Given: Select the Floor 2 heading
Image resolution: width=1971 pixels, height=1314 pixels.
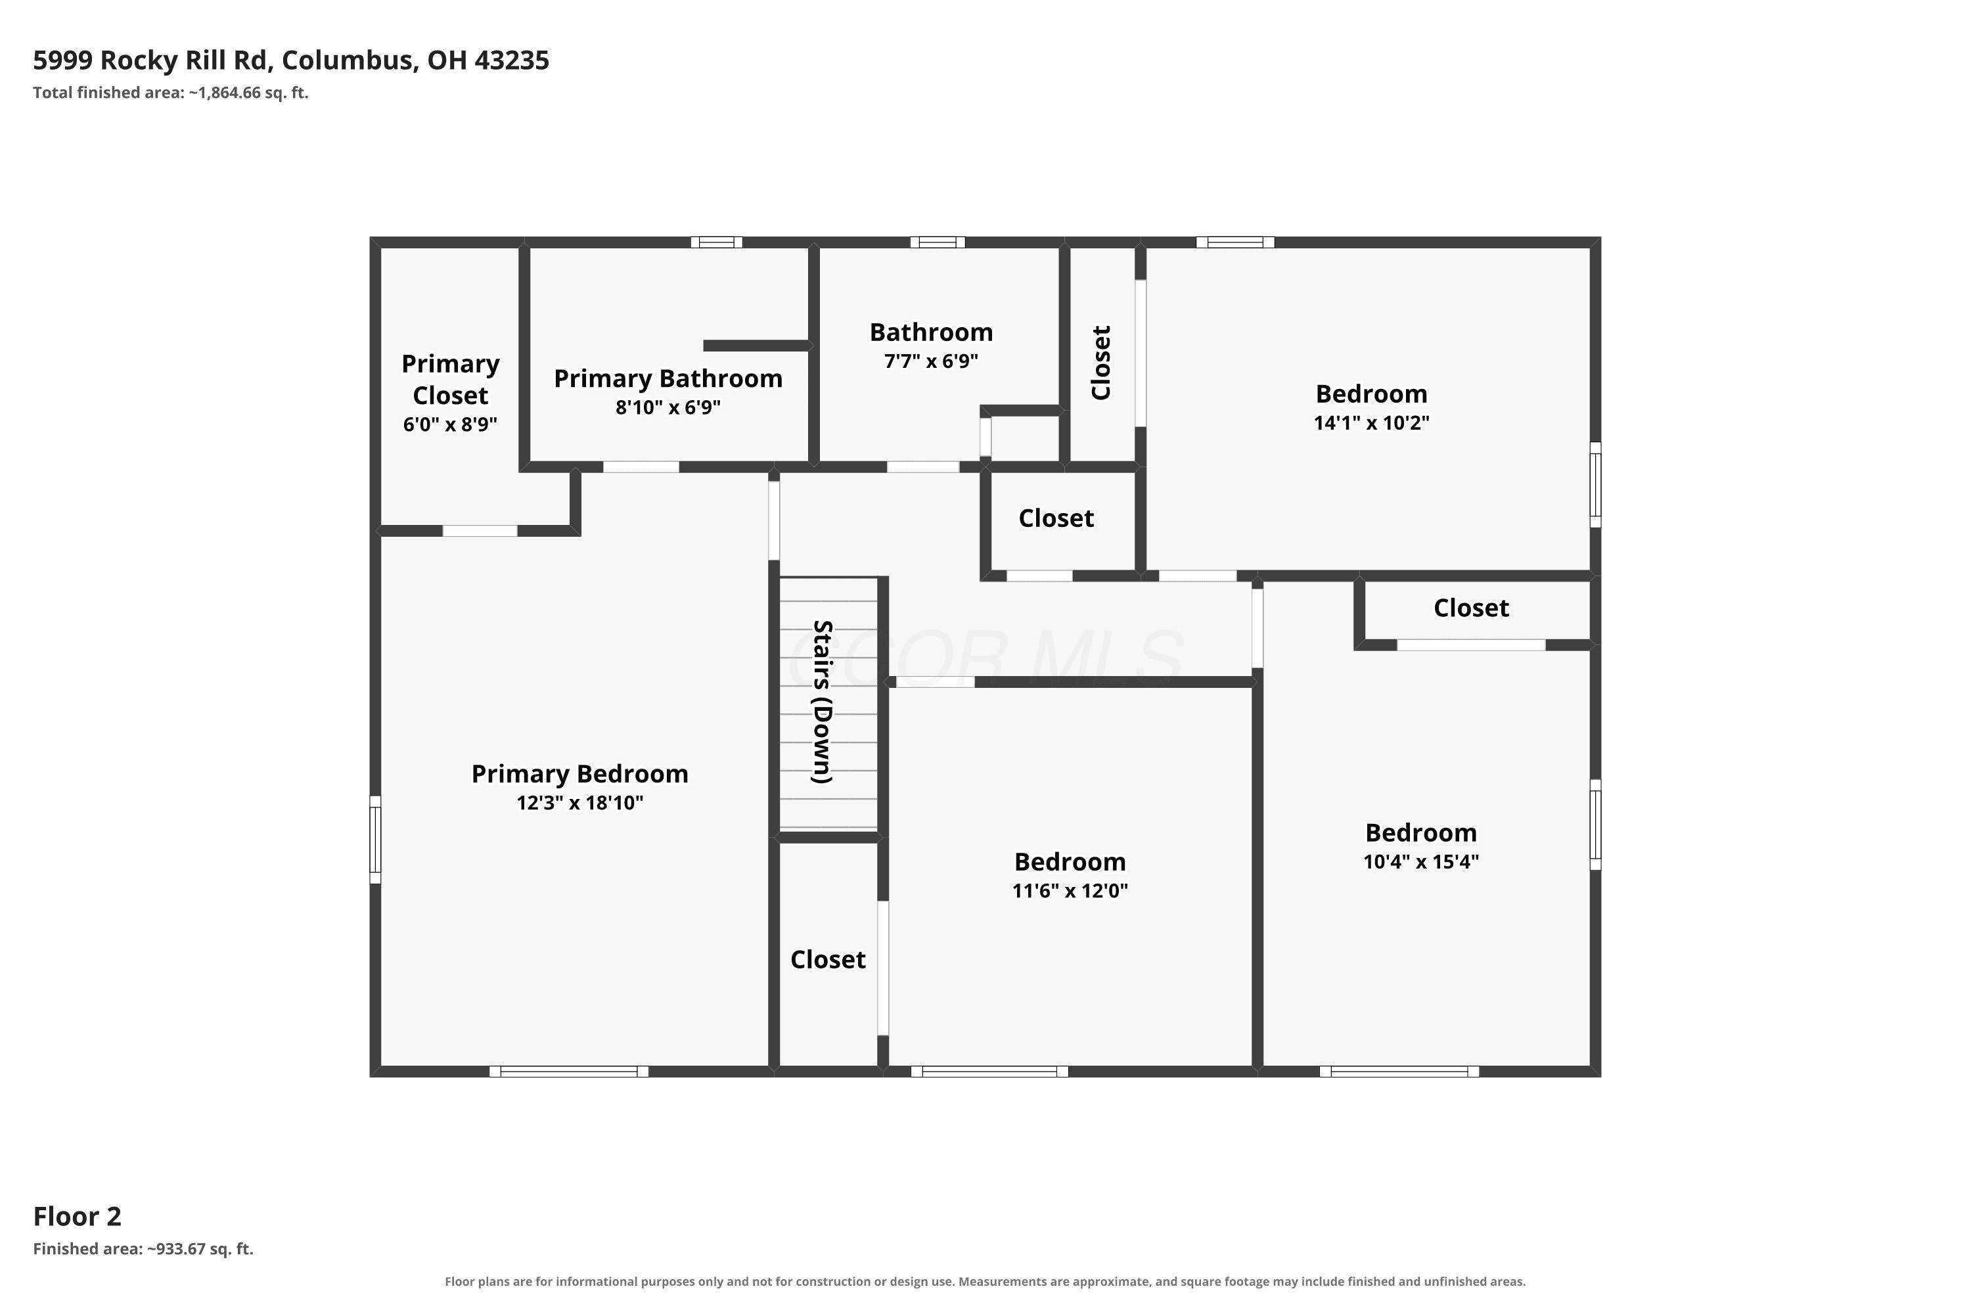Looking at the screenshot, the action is click(77, 1216).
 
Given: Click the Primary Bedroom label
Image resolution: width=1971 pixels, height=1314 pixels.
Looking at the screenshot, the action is click(580, 773).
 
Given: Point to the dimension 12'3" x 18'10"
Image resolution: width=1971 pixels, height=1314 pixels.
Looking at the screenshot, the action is click(580, 803).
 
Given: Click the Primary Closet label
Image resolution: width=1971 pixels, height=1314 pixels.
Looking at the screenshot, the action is click(451, 380).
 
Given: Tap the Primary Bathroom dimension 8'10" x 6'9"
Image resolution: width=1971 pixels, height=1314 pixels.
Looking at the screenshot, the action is click(668, 407).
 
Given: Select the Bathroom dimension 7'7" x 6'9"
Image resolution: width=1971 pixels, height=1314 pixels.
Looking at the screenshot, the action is click(931, 361).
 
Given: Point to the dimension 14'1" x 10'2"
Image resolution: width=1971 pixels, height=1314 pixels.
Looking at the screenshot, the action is click(1372, 422).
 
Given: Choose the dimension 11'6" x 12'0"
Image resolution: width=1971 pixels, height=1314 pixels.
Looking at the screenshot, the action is click(1070, 891).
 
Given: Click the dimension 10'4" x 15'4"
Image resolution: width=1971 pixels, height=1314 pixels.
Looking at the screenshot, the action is click(1421, 861).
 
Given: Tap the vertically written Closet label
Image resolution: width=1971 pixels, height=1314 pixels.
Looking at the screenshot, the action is click(1100, 363).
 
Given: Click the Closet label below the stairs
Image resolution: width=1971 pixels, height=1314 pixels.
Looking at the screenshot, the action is click(828, 959).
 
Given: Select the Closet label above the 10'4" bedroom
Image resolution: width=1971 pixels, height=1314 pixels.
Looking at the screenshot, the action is click(1472, 608).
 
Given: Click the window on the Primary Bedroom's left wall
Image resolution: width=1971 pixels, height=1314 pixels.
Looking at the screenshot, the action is click(375, 840).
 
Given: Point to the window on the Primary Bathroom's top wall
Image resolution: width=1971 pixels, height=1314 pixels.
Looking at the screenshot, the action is click(717, 242).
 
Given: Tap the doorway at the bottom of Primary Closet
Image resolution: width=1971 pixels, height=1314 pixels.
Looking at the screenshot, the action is click(480, 530).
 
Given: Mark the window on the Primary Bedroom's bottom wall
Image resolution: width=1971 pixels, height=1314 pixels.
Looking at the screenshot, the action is click(569, 1071).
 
